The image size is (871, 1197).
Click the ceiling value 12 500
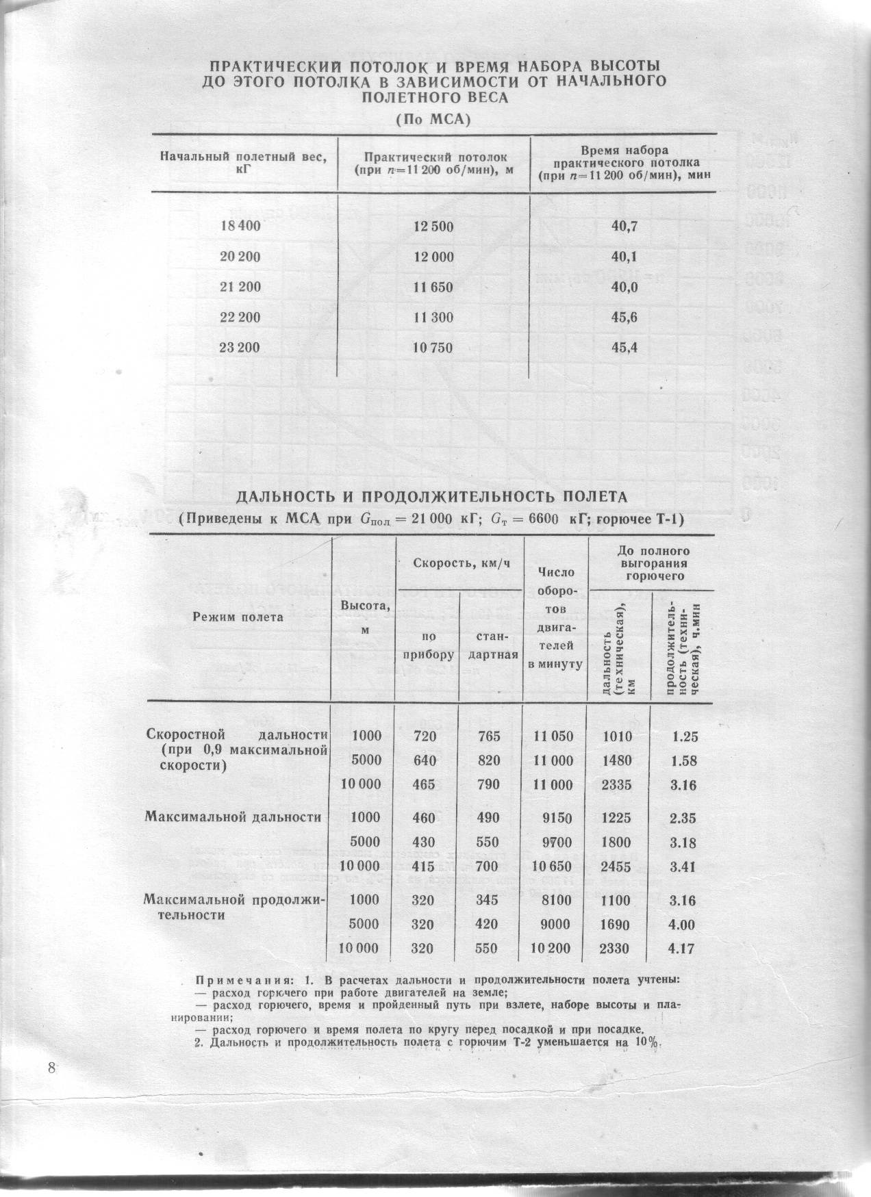[x=433, y=227]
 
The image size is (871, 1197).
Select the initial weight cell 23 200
[x=239, y=348]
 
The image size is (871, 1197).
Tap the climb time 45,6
[x=624, y=318]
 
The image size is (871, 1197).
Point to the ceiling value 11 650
[x=433, y=287]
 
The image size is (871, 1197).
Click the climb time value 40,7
[x=624, y=227]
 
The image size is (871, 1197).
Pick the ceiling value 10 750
[x=433, y=348]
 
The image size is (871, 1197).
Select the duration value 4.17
[x=683, y=949]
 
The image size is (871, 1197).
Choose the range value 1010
[x=617, y=736]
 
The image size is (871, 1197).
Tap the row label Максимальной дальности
[x=233, y=816]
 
